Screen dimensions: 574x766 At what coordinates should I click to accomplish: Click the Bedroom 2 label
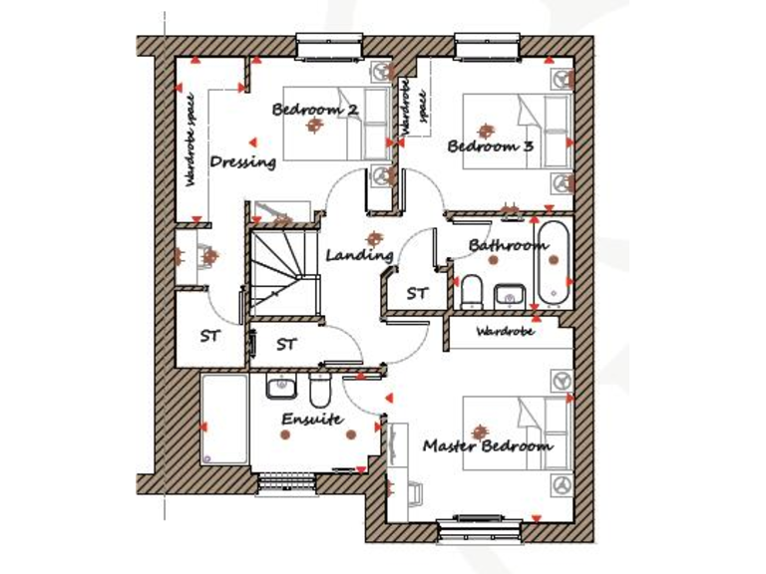[314, 110]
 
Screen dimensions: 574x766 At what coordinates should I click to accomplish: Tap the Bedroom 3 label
[490, 146]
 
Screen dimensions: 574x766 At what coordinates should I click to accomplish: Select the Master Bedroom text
[487, 445]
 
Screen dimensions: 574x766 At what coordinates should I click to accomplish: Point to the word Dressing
[242, 161]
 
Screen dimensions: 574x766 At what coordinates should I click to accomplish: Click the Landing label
[359, 255]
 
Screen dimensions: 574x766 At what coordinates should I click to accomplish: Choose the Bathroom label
[508, 245]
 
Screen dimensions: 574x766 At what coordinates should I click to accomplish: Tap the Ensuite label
[311, 420]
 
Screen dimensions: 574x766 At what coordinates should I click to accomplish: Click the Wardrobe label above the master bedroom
[505, 332]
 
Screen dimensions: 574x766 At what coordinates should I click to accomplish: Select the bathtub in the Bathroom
[555, 265]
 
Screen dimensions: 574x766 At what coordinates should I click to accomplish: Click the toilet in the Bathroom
[472, 291]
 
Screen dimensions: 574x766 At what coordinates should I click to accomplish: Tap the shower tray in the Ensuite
[224, 419]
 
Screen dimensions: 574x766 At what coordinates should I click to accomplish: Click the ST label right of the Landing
[416, 294]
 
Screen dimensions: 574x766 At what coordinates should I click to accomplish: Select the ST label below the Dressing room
[209, 337]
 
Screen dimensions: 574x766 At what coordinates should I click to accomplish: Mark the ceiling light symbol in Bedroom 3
[486, 130]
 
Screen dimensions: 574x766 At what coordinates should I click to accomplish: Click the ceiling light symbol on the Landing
[374, 238]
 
